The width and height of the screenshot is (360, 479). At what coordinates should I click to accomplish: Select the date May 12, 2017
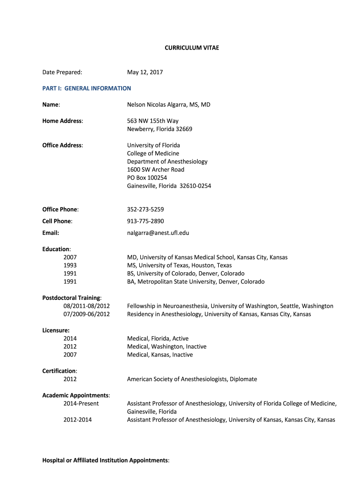(x=145, y=72)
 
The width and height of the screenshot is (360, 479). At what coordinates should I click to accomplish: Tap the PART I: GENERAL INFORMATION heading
(x=87, y=88)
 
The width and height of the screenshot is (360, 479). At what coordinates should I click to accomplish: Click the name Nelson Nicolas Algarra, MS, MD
(x=169, y=104)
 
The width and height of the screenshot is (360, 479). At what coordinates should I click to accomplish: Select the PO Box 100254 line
(x=147, y=178)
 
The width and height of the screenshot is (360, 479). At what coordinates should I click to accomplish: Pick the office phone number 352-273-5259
(x=145, y=209)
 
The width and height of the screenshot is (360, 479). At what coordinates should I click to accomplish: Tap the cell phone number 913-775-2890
(x=145, y=221)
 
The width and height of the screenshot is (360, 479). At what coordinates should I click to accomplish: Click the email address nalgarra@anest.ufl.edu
(x=158, y=232)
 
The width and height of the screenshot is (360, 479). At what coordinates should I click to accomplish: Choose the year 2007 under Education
(x=70, y=257)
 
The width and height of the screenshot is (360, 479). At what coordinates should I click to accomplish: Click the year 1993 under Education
(x=70, y=265)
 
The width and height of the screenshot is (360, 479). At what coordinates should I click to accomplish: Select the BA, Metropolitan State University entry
(x=196, y=282)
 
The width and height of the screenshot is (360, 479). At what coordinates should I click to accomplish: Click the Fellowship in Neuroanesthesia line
(x=230, y=306)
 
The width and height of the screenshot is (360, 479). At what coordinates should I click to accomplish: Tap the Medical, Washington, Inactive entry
(x=166, y=347)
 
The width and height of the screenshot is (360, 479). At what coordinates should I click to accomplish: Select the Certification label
(x=60, y=371)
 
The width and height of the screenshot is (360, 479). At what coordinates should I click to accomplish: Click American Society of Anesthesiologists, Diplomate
(x=192, y=379)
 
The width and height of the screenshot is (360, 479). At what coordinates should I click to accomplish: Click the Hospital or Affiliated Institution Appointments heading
(x=106, y=460)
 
